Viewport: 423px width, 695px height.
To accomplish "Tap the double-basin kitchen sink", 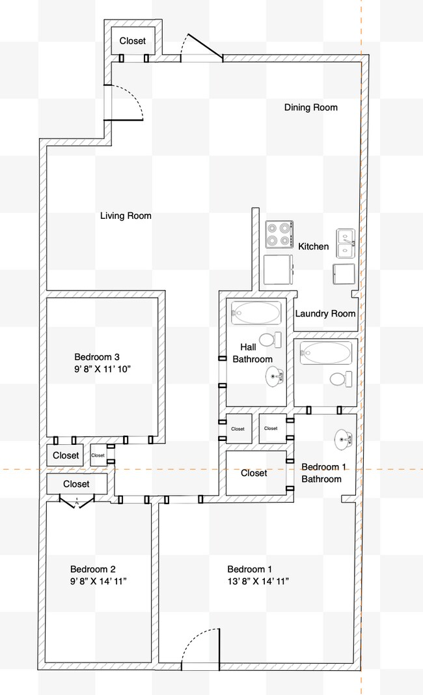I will point(345,242).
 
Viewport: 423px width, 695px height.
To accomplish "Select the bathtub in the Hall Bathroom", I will point(256,313).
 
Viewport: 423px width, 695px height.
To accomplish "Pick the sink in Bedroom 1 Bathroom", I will point(343,438).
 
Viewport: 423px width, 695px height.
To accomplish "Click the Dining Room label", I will point(310,107).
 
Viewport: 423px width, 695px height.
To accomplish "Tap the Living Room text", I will point(126,216).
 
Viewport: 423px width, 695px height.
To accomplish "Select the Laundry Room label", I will point(325,313).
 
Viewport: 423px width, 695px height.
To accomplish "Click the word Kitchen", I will point(313,247).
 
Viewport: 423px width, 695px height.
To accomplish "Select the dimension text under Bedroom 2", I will point(98,580).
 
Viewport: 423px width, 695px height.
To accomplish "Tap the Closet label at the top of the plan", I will point(133,41).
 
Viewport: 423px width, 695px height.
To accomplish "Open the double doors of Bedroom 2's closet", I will point(77,500).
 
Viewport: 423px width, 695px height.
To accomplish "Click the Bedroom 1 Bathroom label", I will point(321,473).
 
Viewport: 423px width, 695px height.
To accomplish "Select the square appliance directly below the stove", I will point(279,270).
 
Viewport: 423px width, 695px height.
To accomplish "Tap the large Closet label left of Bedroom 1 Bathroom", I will point(254,473).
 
